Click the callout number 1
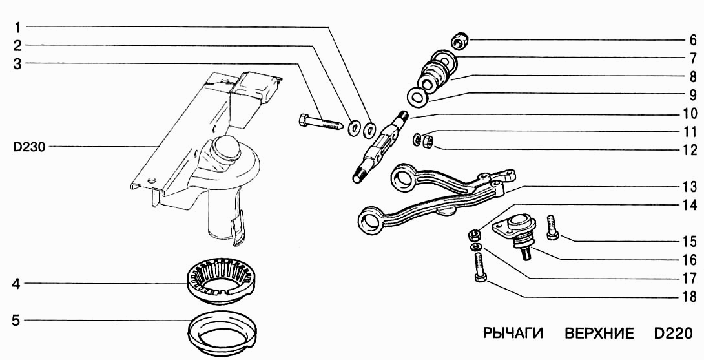(17, 28)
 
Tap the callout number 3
(17, 64)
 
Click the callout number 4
(16, 284)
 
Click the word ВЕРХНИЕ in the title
(599, 334)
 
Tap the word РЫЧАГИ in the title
(513, 334)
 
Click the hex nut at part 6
(461, 41)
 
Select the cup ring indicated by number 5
(222, 333)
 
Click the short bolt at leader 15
(552, 229)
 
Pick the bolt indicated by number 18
(479, 267)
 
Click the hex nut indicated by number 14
(474, 234)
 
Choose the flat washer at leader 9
(417, 97)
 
